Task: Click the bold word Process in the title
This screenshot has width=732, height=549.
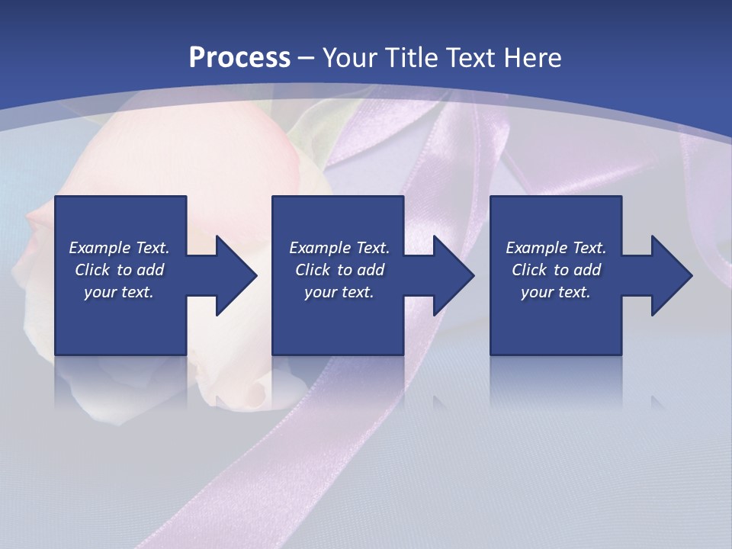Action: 239,58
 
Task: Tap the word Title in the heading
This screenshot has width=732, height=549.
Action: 412,58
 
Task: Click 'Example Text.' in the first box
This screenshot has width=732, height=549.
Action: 119,248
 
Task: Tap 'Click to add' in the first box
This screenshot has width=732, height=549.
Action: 119,270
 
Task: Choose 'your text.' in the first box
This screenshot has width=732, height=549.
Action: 119,292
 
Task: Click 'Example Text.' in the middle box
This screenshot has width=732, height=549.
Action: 339,248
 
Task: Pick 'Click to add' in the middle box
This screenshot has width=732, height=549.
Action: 339,270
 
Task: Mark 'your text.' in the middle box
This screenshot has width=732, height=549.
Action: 339,292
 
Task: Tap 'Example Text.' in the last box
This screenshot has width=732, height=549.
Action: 556,248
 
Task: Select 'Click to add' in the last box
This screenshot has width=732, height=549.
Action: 556,270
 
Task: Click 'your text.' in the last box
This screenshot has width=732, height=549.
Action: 556,292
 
